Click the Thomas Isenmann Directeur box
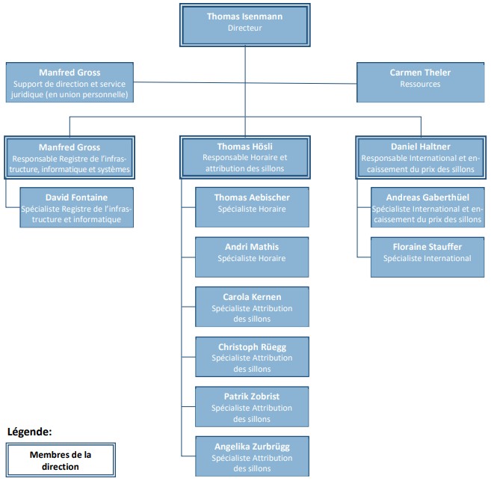pos(245,25)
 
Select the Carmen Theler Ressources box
pos(421,82)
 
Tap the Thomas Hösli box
pos(245,157)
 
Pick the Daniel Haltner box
pos(421,157)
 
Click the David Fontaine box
pos(77,207)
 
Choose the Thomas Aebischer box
pos(252,207)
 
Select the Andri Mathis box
pos(252,257)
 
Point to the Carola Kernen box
pos(252,307)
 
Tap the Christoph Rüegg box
pos(252,357)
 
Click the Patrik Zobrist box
pos(252,406)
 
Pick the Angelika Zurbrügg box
pos(252,456)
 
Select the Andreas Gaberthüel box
pos(427,207)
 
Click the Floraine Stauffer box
pos(427,257)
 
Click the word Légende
pos(29,432)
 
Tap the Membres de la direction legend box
pos(61,460)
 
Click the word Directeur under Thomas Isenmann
pos(245,28)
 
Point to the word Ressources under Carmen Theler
pos(420,84)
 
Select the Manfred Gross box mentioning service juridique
pos(70,82)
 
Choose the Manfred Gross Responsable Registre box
pos(70,157)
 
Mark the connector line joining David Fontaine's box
pos(6,200)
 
